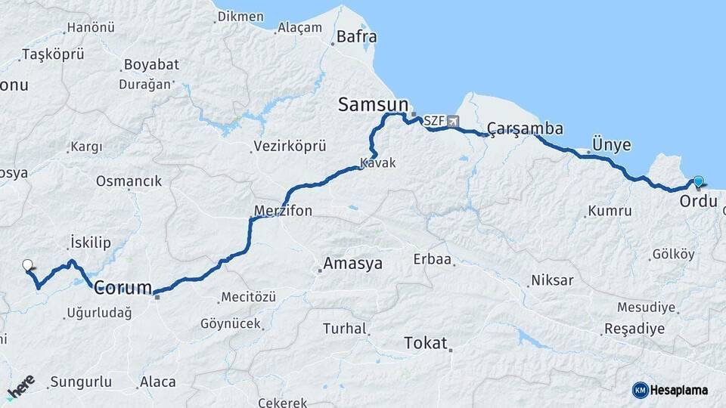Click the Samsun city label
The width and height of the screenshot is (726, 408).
click(x=373, y=104)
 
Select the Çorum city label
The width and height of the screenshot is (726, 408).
click(x=123, y=287)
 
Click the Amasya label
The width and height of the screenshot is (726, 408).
click(x=352, y=264)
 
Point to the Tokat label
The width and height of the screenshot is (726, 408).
click(x=426, y=342)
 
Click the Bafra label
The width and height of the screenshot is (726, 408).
click(x=356, y=36)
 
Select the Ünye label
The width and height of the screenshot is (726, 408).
click(x=612, y=144)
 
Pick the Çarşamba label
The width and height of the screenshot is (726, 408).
click(x=525, y=128)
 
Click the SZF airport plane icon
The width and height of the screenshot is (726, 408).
click(x=453, y=121)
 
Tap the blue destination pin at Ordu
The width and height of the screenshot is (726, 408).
click(x=698, y=182)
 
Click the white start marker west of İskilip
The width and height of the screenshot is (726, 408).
click(x=28, y=265)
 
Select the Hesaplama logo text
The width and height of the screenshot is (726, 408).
click(x=680, y=390)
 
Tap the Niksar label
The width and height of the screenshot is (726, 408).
click(x=552, y=280)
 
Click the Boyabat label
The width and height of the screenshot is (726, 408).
click(x=151, y=64)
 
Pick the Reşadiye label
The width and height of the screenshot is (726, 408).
click(x=634, y=329)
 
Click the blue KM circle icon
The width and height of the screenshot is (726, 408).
click(x=641, y=390)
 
